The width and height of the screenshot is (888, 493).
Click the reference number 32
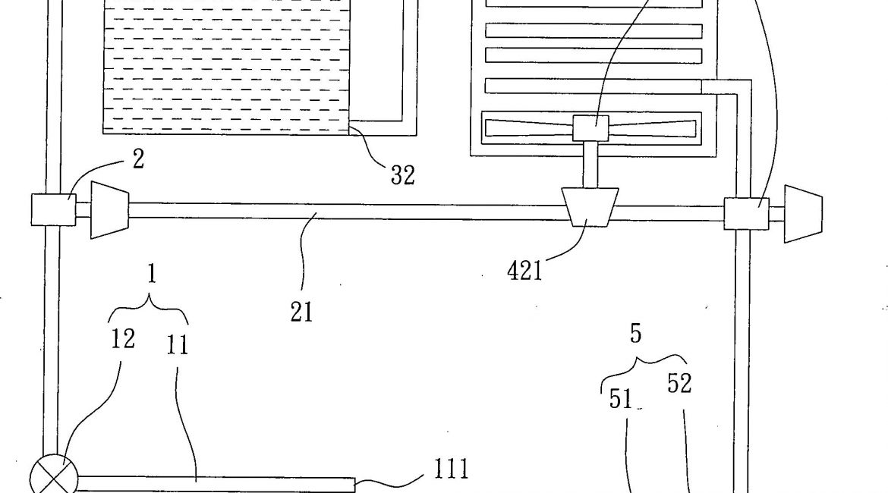(403, 175)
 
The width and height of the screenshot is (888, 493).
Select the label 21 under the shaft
(301, 311)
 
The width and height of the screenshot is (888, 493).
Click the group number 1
(151, 275)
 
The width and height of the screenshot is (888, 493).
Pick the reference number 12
(123, 339)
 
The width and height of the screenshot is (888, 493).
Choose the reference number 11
(177, 345)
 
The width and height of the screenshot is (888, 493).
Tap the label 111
(450, 469)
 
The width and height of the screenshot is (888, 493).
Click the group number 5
(636, 334)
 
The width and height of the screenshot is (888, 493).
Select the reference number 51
(621, 400)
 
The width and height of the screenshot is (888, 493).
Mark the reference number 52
(679, 384)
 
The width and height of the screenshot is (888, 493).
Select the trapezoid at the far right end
(803, 214)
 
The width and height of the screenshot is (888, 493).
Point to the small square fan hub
(590, 127)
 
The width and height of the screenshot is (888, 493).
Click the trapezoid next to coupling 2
(109, 209)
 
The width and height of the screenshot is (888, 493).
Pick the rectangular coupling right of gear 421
(745, 213)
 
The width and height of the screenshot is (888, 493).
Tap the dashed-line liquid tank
(225, 64)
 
